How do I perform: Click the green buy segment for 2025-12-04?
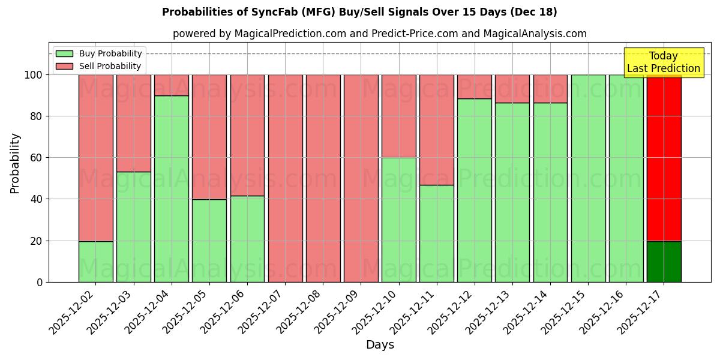[172, 189]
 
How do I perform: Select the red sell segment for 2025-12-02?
[96, 158]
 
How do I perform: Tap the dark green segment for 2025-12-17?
[664, 262]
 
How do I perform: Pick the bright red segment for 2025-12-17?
[664, 158]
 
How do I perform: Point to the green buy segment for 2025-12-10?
[399, 220]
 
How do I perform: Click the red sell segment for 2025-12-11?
[437, 130]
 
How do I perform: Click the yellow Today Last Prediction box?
[664, 62]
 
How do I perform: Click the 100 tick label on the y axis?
[34, 75]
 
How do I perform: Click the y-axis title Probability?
[15, 163]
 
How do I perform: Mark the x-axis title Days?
[380, 345]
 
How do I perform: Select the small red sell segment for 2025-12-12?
[475, 86]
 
